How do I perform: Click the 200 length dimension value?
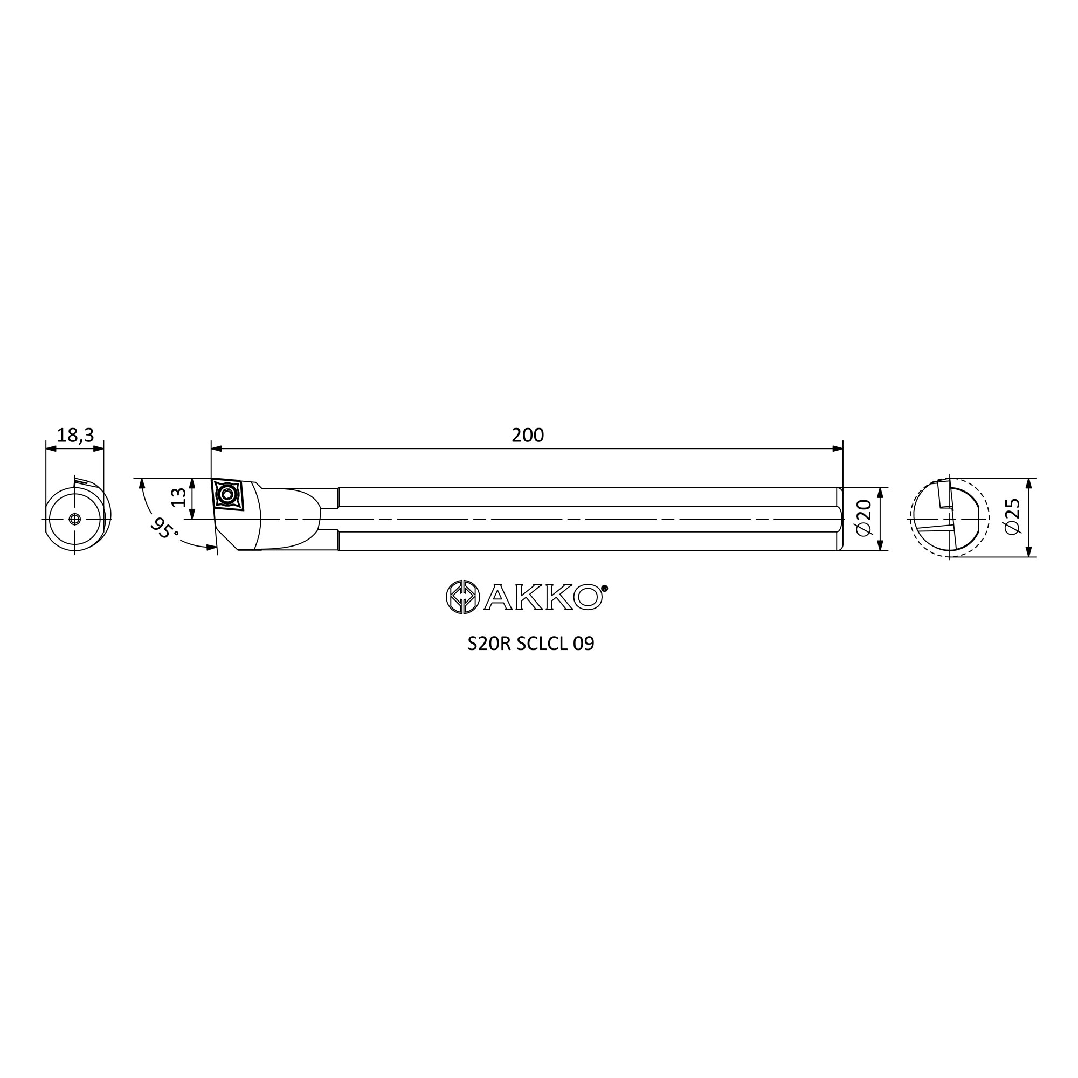[x=527, y=435]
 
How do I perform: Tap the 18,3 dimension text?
[x=75, y=435]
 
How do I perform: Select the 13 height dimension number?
[x=178, y=497]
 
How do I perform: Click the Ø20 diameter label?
[x=863, y=519]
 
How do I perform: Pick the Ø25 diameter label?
[x=1013, y=517]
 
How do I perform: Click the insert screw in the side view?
[x=227, y=494]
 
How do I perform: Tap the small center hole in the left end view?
[x=75, y=519]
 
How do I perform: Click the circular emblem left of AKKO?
[x=462, y=597]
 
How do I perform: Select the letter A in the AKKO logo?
[x=497, y=598]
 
